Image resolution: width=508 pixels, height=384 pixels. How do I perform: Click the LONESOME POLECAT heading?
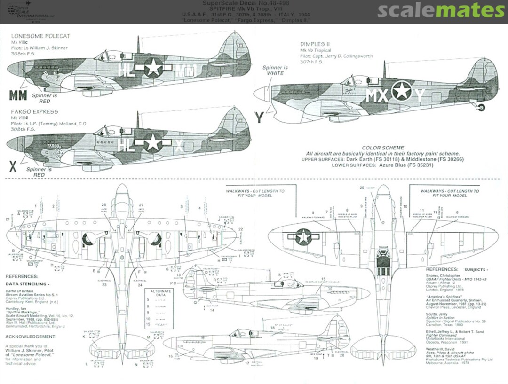(x=40, y=36)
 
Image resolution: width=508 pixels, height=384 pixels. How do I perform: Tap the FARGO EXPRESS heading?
(x=35, y=112)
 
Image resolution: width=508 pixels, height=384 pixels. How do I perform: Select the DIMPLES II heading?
(x=315, y=44)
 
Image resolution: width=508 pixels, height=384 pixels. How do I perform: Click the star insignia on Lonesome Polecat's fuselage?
(x=153, y=67)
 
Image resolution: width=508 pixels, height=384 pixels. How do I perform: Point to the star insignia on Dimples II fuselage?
(x=402, y=90)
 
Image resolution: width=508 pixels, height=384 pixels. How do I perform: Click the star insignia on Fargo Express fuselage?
(x=152, y=142)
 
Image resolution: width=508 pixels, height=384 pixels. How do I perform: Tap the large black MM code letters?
(x=18, y=95)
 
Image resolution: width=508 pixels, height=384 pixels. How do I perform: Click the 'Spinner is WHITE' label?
(x=275, y=71)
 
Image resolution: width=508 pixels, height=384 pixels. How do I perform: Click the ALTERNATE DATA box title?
(x=159, y=291)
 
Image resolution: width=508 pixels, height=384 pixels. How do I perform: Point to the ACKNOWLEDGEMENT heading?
(x=30, y=337)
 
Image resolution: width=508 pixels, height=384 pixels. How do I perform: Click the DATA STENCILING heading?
(x=27, y=284)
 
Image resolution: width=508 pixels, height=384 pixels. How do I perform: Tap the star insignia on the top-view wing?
(x=303, y=236)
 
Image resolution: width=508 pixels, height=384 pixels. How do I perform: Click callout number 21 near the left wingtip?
(x=8, y=219)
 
